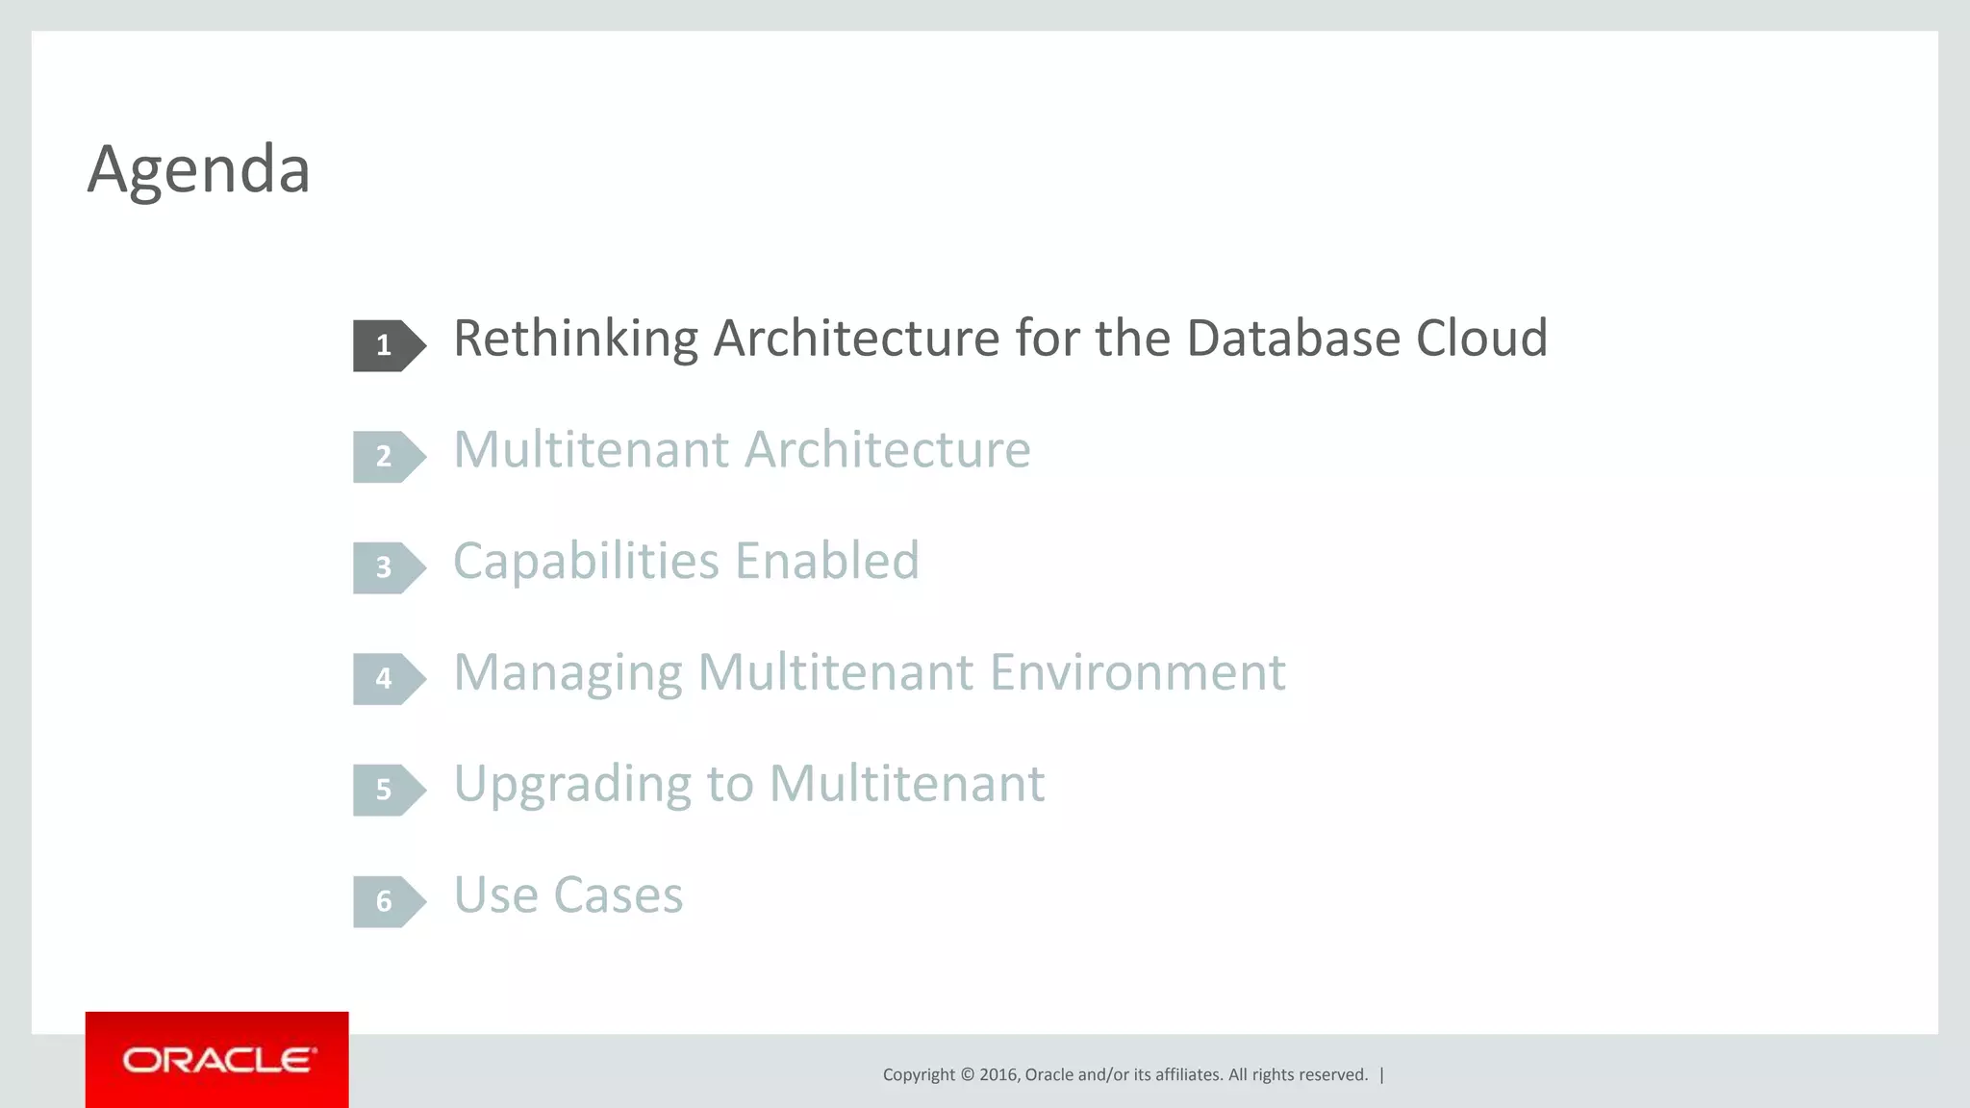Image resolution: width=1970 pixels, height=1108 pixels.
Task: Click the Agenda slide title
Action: [199, 169]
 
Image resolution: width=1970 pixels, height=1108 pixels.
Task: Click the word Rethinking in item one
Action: [575, 339]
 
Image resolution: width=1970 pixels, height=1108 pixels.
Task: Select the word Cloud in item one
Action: [1481, 339]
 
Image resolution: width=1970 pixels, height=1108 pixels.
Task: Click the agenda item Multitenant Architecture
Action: [742, 450]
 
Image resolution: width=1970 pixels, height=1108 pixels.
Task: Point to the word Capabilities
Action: [586, 562]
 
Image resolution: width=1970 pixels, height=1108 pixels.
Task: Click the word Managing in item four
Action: [568, 673]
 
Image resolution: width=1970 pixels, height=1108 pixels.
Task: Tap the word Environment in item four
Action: [1137, 672]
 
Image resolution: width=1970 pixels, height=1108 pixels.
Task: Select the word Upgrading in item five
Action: [572, 785]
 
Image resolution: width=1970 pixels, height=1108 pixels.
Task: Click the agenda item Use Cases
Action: [568, 895]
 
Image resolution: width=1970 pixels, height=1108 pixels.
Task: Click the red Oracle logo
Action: [217, 1060]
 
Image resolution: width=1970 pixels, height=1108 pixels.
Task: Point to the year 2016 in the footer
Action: [998, 1075]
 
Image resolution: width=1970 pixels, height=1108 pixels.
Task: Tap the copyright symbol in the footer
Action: [968, 1075]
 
